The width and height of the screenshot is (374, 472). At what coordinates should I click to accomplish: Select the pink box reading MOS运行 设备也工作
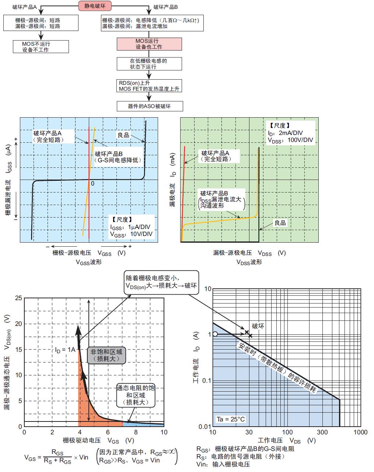(x=149, y=44)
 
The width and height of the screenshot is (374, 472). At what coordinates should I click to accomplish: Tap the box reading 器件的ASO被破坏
(x=149, y=106)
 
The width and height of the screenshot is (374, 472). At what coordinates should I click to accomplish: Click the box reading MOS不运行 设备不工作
(x=41, y=46)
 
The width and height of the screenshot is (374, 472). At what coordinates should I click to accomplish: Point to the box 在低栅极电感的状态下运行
(x=149, y=63)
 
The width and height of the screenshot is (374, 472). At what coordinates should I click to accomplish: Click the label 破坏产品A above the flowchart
(x=24, y=7)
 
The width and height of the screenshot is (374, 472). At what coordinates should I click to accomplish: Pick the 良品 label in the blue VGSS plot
(x=123, y=135)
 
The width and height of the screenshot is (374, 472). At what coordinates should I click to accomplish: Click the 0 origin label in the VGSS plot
(x=92, y=184)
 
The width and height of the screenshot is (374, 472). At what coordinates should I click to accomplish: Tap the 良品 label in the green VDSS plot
(x=280, y=223)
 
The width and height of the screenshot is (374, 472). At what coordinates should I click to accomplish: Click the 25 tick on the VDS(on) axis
(x=18, y=298)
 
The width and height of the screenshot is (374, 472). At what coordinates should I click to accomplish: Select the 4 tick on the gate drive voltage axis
(x=80, y=432)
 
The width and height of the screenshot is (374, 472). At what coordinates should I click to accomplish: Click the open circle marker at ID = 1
(x=216, y=334)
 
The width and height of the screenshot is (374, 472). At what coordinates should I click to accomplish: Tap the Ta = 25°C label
(x=230, y=419)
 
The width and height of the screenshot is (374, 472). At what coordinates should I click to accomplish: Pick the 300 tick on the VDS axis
(x=322, y=432)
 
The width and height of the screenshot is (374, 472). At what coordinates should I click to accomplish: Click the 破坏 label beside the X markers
(x=258, y=326)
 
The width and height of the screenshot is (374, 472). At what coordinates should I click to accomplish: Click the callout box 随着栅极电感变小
(x=161, y=282)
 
